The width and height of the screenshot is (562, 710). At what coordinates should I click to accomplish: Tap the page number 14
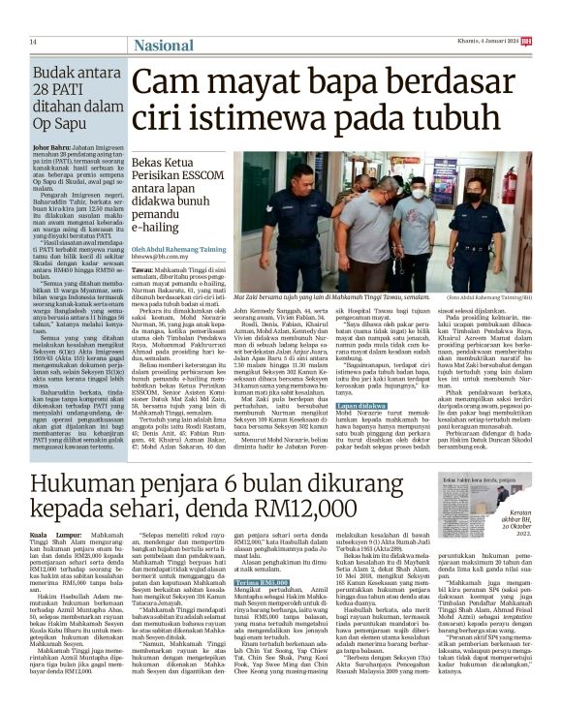click(x=33, y=42)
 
